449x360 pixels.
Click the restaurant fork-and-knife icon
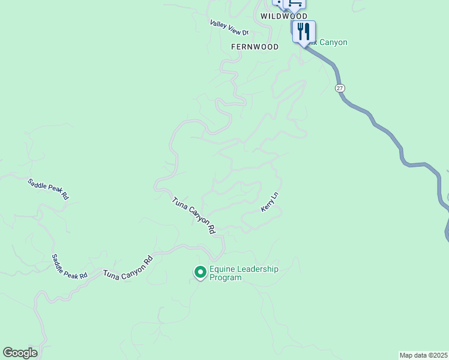pyautogui.click(x=304, y=32)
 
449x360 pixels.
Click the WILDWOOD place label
pyautogui.click(x=284, y=16)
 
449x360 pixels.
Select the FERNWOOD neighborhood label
pyautogui.click(x=255, y=46)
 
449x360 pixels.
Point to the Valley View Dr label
pyautogui.click(x=229, y=28)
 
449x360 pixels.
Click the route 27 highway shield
pyautogui.click(x=340, y=88)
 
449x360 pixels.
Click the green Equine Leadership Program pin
pyautogui.click(x=200, y=273)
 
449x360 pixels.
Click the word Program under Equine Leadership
pyautogui.click(x=225, y=278)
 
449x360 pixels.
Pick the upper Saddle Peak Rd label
pyautogui.click(x=49, y=189)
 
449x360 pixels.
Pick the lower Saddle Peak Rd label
pyautogui.click(x=69, y=266)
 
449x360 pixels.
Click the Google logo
pyautogui.click(x=20, y=353)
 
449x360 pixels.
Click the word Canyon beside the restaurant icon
pyautogui.click(x=333, y=42)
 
